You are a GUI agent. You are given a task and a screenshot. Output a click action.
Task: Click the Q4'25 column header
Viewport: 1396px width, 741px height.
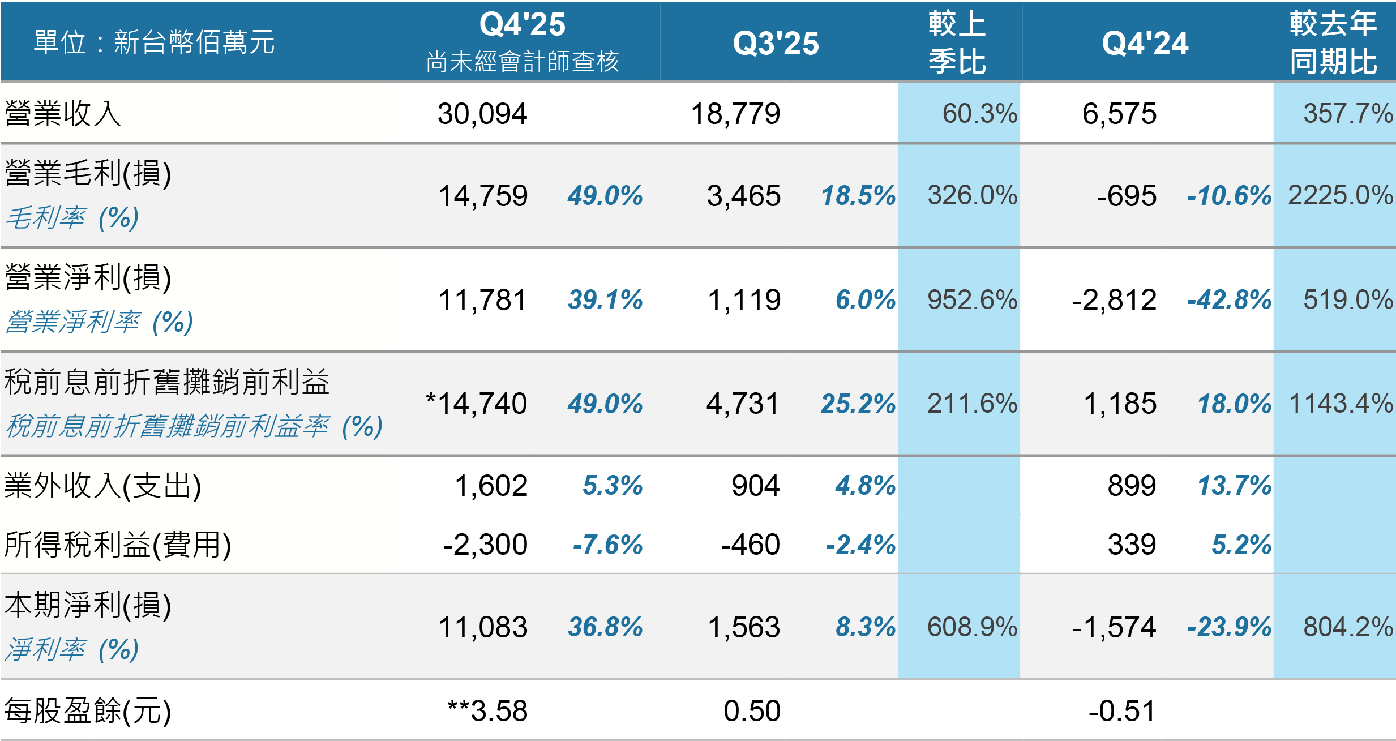(x=522, y=24)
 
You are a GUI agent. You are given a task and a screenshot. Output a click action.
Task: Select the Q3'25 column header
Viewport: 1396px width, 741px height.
(x=776, y=44)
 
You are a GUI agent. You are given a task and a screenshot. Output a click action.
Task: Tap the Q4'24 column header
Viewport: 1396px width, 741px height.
(x=1145, y=44)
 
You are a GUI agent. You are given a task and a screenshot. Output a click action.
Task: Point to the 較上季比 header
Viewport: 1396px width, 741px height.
(x=957, y=42)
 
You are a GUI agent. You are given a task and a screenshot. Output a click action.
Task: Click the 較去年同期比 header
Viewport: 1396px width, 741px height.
(x=1333, y=42)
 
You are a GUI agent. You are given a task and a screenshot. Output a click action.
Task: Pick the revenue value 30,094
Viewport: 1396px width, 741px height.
(x=482, y=114)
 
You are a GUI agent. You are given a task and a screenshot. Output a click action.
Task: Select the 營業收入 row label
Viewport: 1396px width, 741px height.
(x=63, y=113)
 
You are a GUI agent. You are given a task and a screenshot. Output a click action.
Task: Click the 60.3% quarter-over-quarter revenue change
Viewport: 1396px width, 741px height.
(x=979, y=113)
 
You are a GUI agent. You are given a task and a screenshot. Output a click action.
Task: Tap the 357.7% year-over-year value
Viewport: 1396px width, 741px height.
(x=1348, y=113)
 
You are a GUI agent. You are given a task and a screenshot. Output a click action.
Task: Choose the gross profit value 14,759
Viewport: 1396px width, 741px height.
(x=483, y=196)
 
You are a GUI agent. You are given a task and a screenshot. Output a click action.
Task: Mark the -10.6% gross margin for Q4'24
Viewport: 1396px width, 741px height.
(x=1229, y=196)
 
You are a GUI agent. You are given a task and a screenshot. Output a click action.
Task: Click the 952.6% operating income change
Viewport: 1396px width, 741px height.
(x=972, y=299)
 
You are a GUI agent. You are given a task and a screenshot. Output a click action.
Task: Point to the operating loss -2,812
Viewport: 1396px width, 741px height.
(x=1114, y=300)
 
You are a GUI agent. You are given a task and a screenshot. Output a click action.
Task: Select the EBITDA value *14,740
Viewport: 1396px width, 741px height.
(x=476, y=404)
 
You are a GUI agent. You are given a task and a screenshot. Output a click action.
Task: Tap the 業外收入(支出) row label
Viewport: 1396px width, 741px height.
(x=102, y=486)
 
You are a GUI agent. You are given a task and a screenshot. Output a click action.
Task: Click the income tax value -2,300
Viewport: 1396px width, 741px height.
(x=485, y=545)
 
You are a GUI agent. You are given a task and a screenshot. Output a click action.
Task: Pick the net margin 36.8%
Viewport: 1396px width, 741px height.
(x=605, y=627)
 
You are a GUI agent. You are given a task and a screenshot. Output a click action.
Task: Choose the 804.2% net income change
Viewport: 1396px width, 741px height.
(x=1348, y=627)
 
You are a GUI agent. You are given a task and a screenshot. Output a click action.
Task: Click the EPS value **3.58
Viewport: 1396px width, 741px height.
(x=487, y=710)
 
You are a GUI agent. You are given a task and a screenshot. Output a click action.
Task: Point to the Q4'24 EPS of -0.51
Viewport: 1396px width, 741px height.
(x=1122, y=711)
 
